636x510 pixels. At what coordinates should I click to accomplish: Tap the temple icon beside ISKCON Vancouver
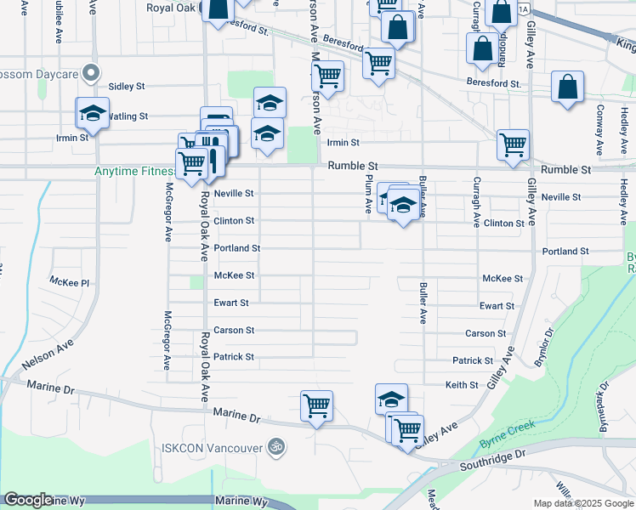(x=275, y=445)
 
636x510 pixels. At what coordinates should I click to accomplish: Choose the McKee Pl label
(x=69, y=280)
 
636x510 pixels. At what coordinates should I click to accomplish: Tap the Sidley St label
(x=128, y=87)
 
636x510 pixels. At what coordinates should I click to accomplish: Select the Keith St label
(x=462, y=385)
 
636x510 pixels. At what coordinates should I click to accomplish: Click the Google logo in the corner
(x=27, y=501)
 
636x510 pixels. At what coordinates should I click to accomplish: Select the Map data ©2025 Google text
(x=584, y=503)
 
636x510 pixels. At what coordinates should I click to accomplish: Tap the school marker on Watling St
(x=93, y=114)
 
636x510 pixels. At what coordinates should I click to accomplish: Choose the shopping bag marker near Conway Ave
(x=567, y=88)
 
